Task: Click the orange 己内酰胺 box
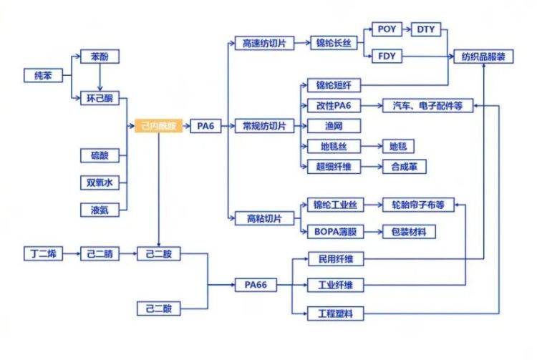coord(158,126)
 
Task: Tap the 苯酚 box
coord(100,56)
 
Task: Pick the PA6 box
coord(205,126)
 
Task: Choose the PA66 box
coord(255,285)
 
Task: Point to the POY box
coord(387,30)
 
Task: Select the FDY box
coord(387,56)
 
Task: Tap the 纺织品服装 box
coord(483,56)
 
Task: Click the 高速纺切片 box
coord(265,43)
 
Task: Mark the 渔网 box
coord(334,126)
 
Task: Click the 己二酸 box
coord(158,308)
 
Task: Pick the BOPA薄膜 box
coord(335,231)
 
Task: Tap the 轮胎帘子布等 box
coord(418,205)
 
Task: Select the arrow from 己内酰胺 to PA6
coord(185,126)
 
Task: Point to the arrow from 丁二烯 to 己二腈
coord(71,254)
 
